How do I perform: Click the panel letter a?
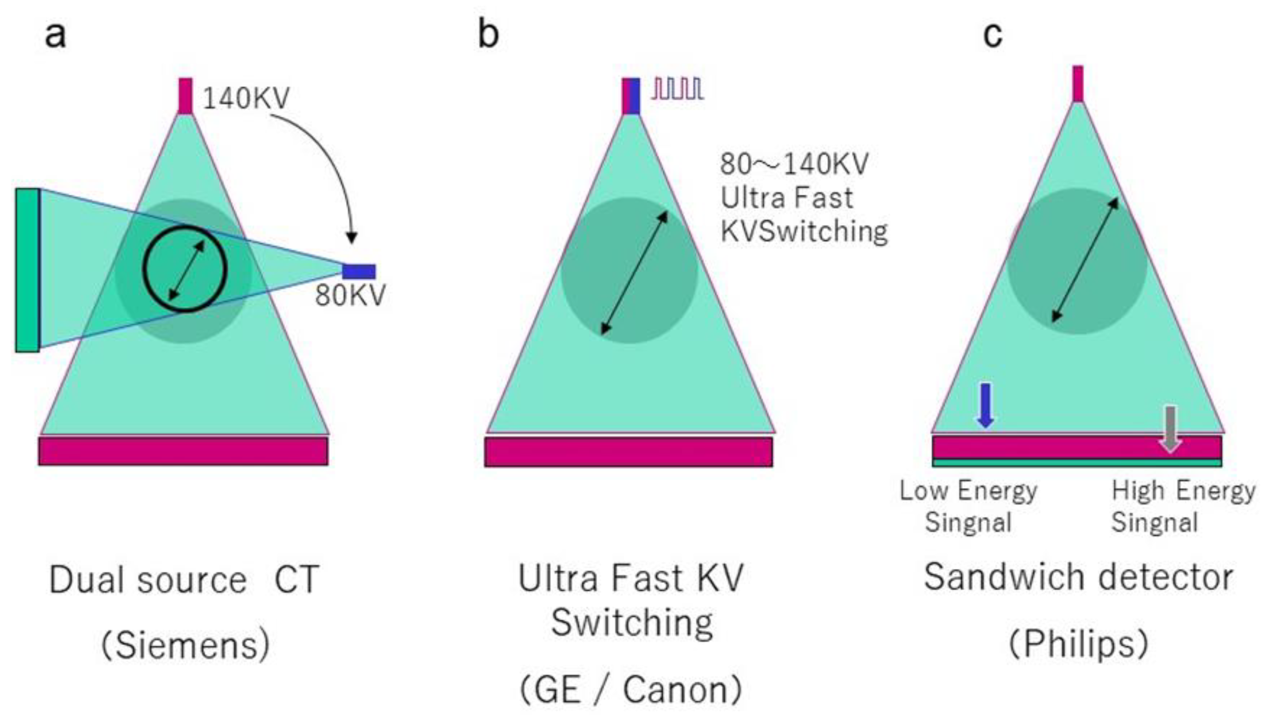coord(55,35)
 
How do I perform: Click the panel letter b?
coord(488,35)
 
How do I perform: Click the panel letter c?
coord(992,35)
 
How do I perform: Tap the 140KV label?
coord(246,98)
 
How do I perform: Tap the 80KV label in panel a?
coord(350,296)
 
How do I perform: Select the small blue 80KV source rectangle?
coord(359,271)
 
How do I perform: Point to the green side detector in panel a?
coord(27,270)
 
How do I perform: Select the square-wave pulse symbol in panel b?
coord(677,89)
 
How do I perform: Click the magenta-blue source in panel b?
coord(631,96)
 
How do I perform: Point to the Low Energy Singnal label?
coord(968,506)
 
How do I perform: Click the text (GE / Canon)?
coord(631,690)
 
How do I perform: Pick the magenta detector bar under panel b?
coord(628,451)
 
